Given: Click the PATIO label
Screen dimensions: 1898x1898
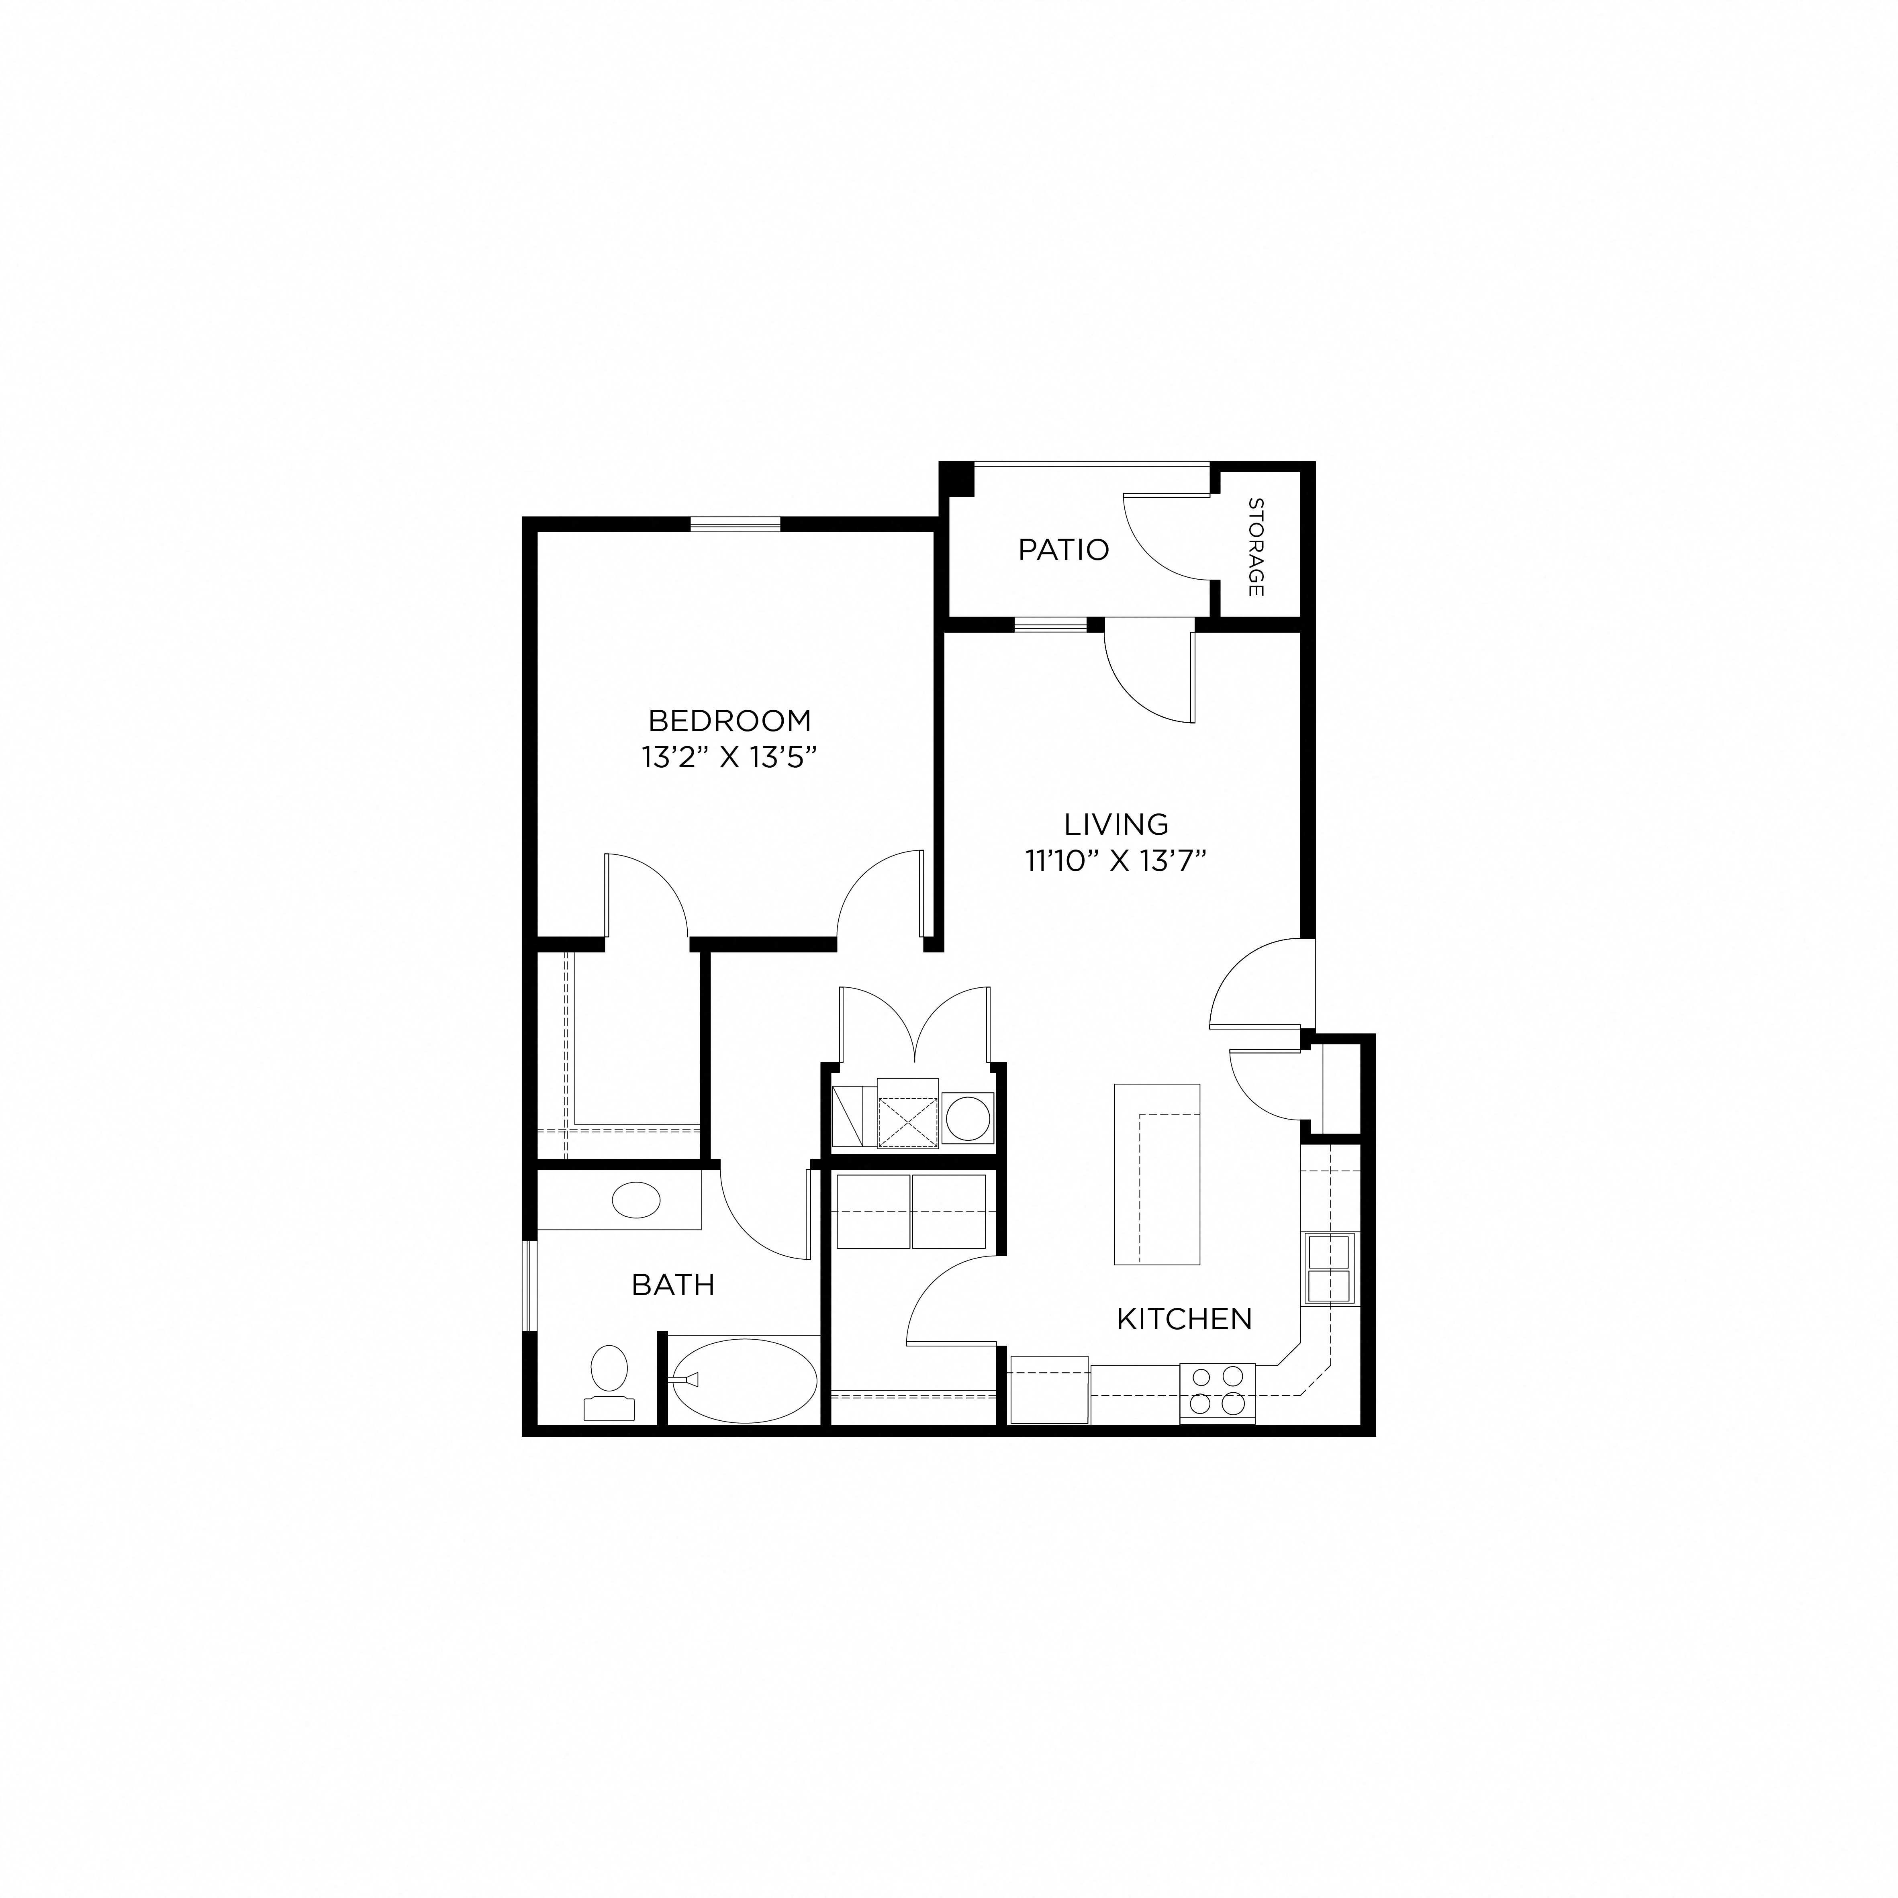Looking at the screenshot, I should [1063, 550].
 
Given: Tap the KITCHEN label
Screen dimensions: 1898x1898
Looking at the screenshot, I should [1184, 1318].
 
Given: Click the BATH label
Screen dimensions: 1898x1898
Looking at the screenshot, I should [673, 1284].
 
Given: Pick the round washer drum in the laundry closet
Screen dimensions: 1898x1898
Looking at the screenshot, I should [968, 1119].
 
